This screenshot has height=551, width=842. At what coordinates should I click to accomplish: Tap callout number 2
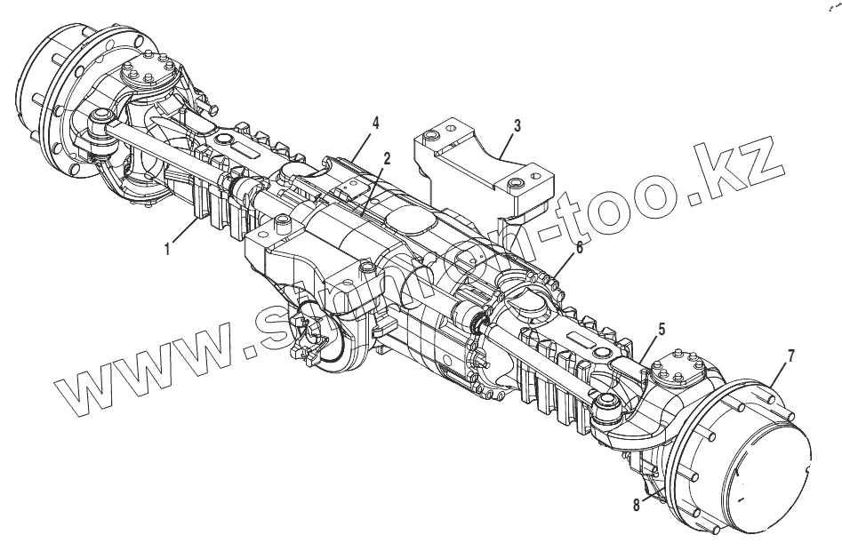pyautogui.click(x=387, y=158)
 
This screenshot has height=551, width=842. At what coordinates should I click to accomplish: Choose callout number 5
pyautogui.click(x=661, y=328)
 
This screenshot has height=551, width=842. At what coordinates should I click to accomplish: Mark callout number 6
pyautogui.click(x=579, y=248)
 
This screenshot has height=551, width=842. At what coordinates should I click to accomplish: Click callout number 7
pyautogui.click(x=790, y=357)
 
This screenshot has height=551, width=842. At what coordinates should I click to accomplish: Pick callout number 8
pyautogui.click(x=636, y=504)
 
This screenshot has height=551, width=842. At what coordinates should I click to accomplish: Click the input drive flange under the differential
pyautogui.click(x=307, y=338)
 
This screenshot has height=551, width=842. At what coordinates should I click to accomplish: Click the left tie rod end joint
pyautogui.click(x=100, y=122)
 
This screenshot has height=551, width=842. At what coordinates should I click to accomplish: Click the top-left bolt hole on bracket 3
pyautogui.click(x=430, y=135)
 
